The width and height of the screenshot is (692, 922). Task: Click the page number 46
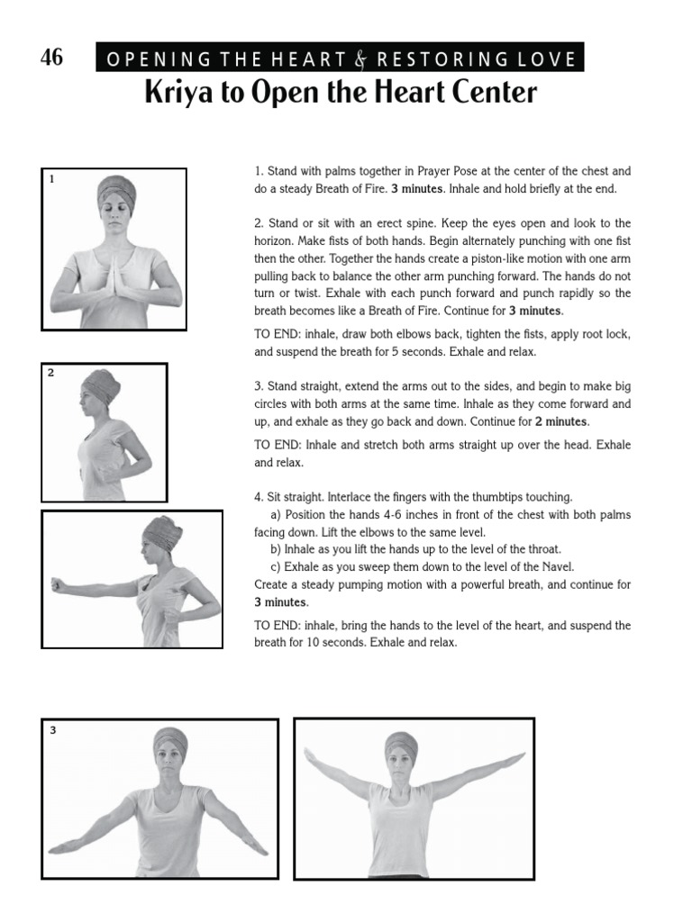tap(52, 58)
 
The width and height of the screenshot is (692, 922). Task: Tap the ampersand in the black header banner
tap(361, 60)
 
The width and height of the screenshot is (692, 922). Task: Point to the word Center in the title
tap(494, 93)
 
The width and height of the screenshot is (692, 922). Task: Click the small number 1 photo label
tap(52, 179)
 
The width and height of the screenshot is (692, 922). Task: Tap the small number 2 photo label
tap(51, 373)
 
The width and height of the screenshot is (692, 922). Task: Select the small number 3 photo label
tap(52, 730)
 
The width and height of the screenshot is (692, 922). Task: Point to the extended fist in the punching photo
tap(59, 584)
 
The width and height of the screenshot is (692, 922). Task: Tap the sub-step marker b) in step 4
tap(276, 549)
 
